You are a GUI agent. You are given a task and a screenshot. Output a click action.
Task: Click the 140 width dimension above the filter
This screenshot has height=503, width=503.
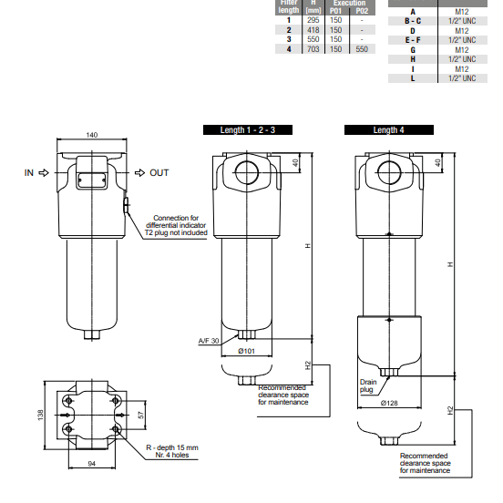point(91,135)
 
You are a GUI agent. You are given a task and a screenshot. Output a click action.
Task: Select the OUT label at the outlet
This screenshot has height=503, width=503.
point(159,171)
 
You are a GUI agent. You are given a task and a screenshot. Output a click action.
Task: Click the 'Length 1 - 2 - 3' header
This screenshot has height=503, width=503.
point(247,130)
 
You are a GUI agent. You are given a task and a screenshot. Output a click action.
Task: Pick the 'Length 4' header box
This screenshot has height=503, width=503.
point(389,130)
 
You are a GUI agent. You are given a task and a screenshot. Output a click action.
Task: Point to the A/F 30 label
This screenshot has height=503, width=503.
point(210,340)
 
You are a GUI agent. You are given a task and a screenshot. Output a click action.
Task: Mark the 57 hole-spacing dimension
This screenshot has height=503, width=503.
point(139,415)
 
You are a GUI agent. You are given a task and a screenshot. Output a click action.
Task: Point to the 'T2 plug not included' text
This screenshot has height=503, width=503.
point(176,233)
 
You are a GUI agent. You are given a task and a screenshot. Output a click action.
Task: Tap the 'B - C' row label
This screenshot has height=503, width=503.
point(413,20)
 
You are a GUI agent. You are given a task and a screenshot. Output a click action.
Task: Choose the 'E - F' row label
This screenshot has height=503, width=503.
point(413,39)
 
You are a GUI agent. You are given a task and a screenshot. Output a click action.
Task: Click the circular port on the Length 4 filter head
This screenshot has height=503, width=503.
point(389,170)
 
